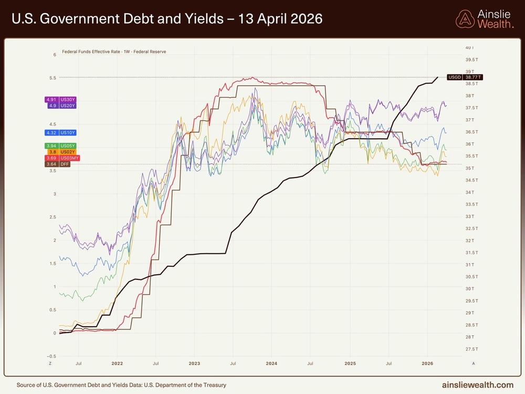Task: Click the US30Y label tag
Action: coord(61,99)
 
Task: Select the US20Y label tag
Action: coord(61,106)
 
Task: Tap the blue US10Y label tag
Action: coord(61,133)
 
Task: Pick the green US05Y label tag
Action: coord(61,146)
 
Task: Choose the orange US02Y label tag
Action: coord(61,152)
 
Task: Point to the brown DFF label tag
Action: coord(58,164)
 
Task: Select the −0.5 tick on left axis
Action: coord(51,356)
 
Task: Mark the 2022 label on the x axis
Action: coord(117,363)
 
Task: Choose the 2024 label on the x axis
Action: coord(271,363)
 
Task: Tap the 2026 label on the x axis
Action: coord(427,363)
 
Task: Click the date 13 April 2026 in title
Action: coord(281,19)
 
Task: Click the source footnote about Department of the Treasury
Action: coord(121,385)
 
